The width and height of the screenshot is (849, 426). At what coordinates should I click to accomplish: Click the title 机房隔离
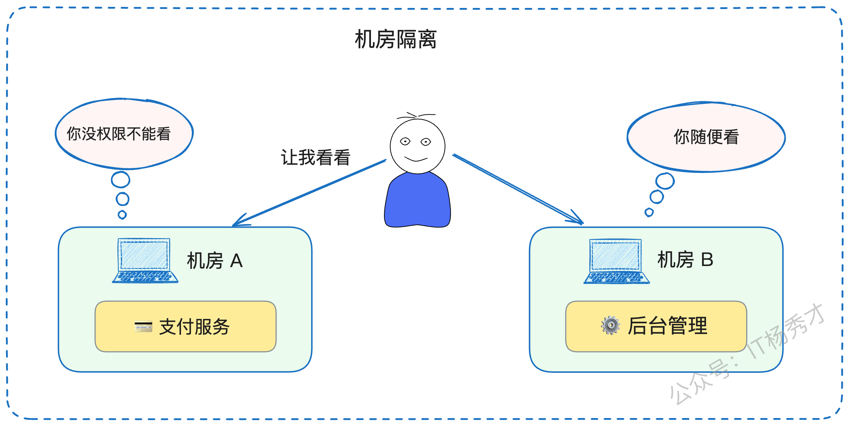tap(396, 39)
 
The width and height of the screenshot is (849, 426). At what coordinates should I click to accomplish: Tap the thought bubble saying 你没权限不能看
tap(124, 134)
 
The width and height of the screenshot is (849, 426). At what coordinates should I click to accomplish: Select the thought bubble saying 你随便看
tap(706, 137)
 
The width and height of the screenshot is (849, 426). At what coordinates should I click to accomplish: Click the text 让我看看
tap(316, 157)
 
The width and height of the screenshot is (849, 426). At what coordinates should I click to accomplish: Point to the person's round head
tap(418, 146)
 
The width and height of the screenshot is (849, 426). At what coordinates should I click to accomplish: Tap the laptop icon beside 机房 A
tap(145, 260)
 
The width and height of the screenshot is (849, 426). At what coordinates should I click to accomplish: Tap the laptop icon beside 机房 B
tap(616, 261)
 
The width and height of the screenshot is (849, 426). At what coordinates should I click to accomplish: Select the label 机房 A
tap(215, 261)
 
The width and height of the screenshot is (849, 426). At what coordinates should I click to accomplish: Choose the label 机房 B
tap(685, 260)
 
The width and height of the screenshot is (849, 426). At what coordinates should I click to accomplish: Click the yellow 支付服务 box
tap(185, 326)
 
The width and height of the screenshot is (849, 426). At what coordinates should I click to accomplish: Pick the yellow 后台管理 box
tap(656, 326)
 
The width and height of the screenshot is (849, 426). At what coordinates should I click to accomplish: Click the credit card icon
tap(143, 326)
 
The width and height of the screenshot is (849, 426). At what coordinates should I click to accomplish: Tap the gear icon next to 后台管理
tap(611, 325)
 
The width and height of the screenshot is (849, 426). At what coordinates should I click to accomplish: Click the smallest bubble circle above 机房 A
tap(122, 215)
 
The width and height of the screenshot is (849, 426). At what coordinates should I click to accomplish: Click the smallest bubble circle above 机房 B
tap(649, 212)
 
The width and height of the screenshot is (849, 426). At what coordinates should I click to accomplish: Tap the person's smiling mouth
tap(416, 159)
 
